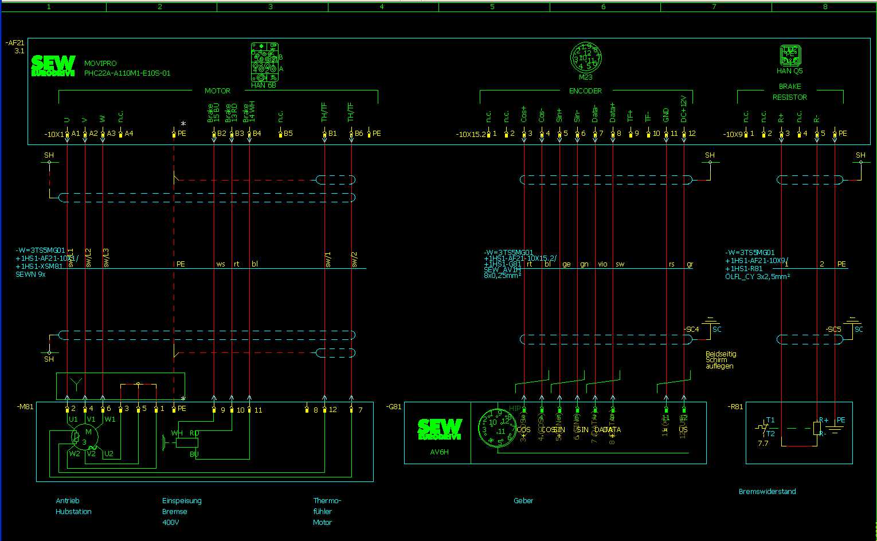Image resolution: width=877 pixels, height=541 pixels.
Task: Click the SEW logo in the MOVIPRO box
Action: pyautogui.click(x=53, y=65)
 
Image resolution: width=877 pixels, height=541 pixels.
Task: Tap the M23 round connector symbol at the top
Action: pyautogui.click(x=585, y=58)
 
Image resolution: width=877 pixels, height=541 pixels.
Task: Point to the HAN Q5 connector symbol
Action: pyautogui.click(x=789, y=56)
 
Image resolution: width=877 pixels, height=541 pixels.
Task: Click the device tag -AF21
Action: pyautogui.click(x=15, y=43)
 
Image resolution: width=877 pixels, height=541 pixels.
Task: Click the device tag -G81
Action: pyautogui.click(x=394, y=406)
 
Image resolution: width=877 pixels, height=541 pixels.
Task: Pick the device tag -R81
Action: pyautogui.click(x=735, y=406)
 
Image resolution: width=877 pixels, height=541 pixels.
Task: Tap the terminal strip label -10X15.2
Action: pyautogui.click(x=471, y=134)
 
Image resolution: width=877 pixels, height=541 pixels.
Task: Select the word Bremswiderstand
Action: pyautogui.click(x=767, y=491)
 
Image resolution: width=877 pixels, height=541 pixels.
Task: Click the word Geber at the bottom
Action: pyautogui.click(x=523, y=500)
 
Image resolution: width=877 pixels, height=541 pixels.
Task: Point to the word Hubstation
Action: pyautogui.click(x=73, y=511)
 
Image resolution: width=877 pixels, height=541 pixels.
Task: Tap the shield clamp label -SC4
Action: pyautogui.click(x=692, y=330)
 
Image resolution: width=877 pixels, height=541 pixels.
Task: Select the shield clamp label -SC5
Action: pyautogui.click(x=834, y=330)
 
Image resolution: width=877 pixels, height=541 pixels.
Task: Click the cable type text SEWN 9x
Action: pyautogui.click(x=30, y=275)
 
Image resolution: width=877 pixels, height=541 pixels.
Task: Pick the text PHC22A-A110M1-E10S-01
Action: pyautogui.click(x=127, y=73)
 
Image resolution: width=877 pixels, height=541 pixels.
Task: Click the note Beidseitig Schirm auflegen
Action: pyautogui.click(x=721, y=360)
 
